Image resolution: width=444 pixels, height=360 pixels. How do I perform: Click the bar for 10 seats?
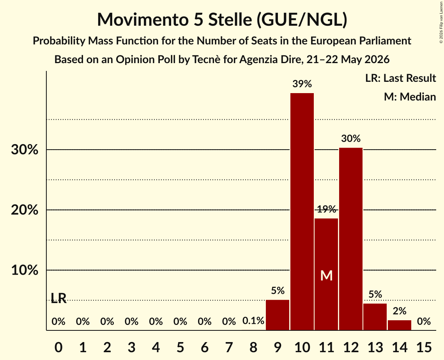click(x=302, y=212)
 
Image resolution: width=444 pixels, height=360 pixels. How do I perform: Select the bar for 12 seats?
click(x=351, y=239)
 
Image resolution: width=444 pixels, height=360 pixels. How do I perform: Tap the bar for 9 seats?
click(x=278, y=315)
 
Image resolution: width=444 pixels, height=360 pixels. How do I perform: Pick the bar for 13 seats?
click(x=375, y=317)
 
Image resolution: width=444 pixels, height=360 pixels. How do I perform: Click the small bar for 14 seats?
click(x=400, y=325)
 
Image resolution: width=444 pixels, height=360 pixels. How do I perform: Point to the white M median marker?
click(x=327, y=275)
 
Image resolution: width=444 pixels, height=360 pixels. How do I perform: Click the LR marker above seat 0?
click(x=58, y=298)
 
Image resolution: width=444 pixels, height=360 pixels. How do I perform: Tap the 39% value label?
click(x=302, y=84)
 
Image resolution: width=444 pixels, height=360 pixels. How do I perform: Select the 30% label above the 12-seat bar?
click(x=351, y=138)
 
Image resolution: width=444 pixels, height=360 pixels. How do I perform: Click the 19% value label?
click(x=327, y=209)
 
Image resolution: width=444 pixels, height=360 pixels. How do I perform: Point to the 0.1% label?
click(x=253, y=321)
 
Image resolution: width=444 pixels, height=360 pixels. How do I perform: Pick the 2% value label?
click(x=400, y=311)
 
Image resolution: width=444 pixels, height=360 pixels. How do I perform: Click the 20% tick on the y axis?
click(x=25, y=210)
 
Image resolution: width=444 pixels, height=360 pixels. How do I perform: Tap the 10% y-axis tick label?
click(x=25, y=270)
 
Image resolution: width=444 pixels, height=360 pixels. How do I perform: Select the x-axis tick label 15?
click(x=424, y=347)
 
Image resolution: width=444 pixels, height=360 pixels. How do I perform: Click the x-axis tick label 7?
click(x=229, y=347)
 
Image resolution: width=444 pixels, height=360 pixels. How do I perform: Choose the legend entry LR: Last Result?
click(x=400, y=78)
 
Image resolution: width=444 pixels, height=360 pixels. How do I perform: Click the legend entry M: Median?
click(x=410, y=97)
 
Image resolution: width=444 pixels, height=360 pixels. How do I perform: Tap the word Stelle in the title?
click(x=230, y=19)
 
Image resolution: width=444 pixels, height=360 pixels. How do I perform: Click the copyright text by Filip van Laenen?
click(x=441, y=22)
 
